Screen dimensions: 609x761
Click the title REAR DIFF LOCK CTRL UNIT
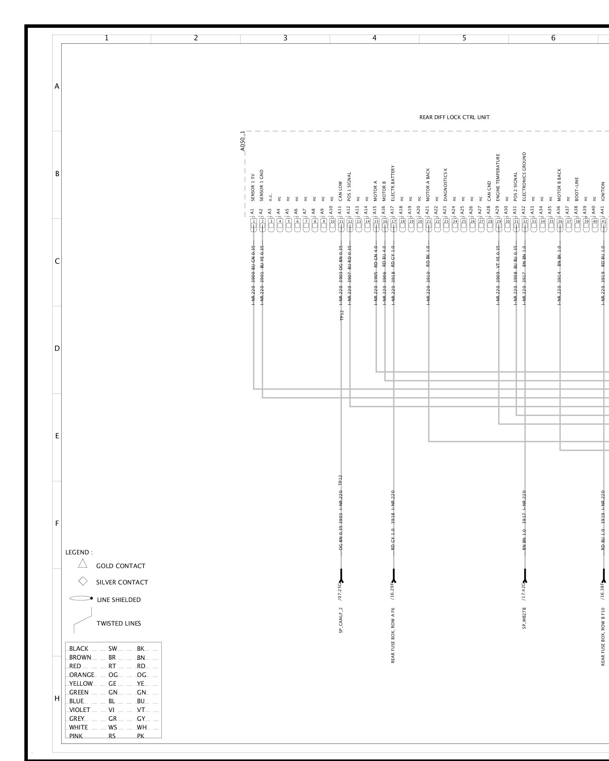click(x=454, y=118)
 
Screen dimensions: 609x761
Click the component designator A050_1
click(x=243, y=141)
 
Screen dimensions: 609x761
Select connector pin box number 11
click(x=341, y=221)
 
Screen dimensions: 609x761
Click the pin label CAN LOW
click(x=341, y=191)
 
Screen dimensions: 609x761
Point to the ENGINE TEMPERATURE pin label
click(x=497, y=177)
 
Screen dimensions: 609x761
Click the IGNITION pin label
click(x=603, y=191)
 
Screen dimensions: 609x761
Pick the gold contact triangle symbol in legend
click(x=83, y=564)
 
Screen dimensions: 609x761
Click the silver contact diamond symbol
click(x=83, y=581)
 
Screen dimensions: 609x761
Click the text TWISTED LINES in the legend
click(x=119, y=623)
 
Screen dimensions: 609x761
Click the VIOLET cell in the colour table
click(x=80, y=710)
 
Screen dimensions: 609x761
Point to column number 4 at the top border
click(x=375, y=38)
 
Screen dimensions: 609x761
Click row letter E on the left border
click(x=57, y=436)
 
